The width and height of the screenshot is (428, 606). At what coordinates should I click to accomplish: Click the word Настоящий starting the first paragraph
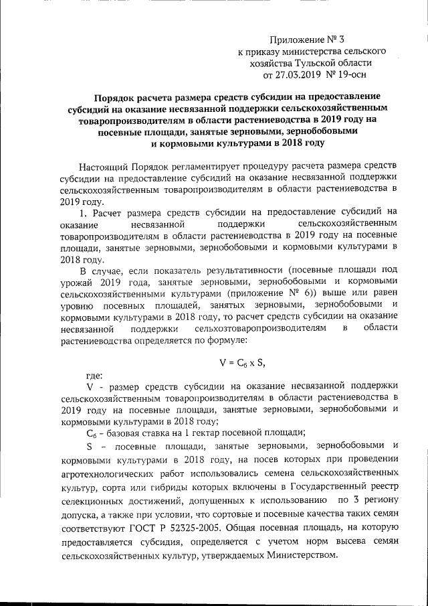click(106, 165)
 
